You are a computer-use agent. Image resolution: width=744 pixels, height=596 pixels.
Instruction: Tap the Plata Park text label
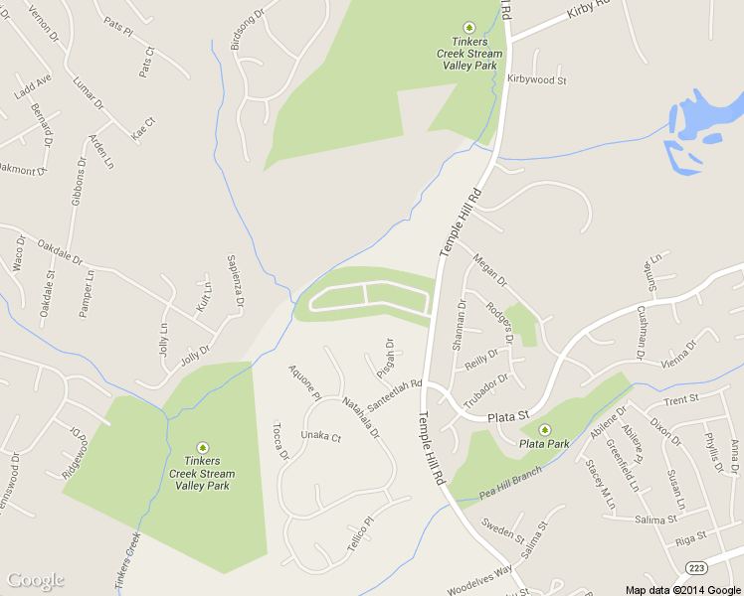coord(544,443)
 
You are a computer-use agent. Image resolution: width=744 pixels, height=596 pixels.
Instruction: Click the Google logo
coord(36,580)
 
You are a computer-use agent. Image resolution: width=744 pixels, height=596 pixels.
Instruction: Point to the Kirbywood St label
coord(536,78)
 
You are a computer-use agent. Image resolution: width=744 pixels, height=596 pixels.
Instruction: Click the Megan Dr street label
coord(490,267)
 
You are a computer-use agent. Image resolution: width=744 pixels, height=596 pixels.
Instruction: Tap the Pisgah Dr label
coord(387,358)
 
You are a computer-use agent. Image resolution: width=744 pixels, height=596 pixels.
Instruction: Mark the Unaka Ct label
coord(321,436)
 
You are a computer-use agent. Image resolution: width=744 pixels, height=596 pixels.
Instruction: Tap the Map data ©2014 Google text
coord(682,590)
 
